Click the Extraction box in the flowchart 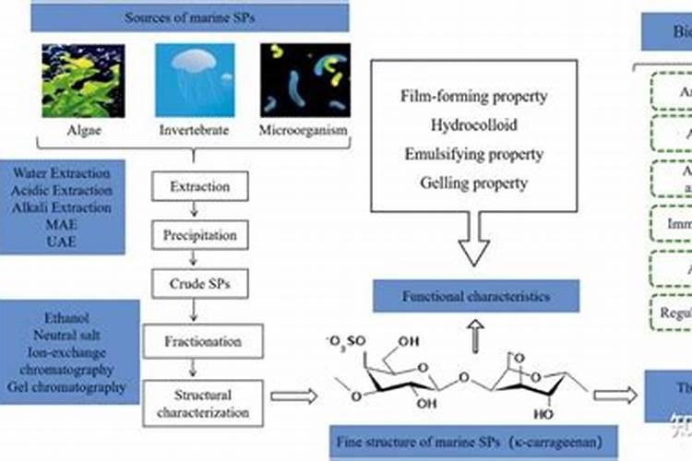click(199, 187)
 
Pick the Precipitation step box click(199, 235)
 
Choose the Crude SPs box click(199, 284)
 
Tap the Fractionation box click(199, 340)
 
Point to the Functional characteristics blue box click(475, 297)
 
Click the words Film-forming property click(474, 95)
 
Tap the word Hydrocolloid click(474, 124)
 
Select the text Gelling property click(474, 183)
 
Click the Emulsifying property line click(474, 153)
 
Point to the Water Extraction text click(64, 172)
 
